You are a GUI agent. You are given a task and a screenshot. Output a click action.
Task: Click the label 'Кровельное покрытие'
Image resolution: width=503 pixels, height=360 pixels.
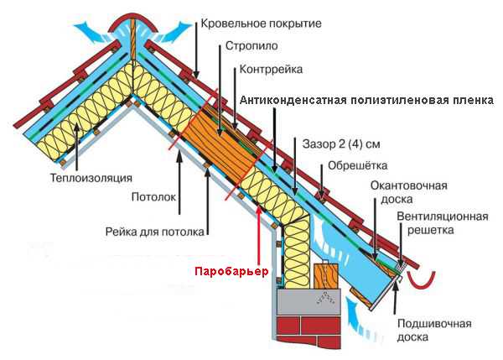point(261,23)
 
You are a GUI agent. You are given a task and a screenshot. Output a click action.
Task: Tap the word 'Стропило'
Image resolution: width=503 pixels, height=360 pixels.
point(251,45)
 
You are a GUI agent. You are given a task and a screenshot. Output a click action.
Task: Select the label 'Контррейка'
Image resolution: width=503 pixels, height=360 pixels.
point(271,69)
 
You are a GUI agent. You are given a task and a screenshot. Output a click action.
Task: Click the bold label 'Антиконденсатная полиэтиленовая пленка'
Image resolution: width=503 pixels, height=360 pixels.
point(366,100)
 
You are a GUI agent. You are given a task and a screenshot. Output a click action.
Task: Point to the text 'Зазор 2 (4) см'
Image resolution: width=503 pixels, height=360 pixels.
point(341,143)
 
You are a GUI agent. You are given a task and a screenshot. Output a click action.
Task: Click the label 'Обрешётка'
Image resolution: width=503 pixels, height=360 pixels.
point(358,165)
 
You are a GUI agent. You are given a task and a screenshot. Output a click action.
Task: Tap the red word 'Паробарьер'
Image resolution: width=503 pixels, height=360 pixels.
point(231,272)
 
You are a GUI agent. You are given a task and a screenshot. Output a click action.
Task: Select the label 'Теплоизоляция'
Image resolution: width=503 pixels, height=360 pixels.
point(91,178)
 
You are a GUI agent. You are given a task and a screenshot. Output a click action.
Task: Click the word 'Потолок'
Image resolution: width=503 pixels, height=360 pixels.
point(154,197)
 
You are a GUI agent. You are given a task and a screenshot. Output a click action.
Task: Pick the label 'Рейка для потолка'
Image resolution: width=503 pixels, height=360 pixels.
point(155,232)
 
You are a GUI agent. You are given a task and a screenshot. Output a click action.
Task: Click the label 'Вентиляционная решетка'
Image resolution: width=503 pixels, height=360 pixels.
point(443,223)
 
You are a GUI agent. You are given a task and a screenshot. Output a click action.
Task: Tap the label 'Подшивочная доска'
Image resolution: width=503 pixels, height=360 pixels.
point(434,330)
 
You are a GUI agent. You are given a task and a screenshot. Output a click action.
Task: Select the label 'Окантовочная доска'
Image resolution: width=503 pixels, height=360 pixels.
point(409,192)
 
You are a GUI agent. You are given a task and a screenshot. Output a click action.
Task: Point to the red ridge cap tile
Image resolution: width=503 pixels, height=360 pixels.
point(133,23)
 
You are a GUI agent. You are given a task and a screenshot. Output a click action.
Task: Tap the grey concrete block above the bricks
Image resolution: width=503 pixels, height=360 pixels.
point(309,301)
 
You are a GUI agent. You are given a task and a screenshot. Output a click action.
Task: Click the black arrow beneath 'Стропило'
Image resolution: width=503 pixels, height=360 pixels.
point(220,91)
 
